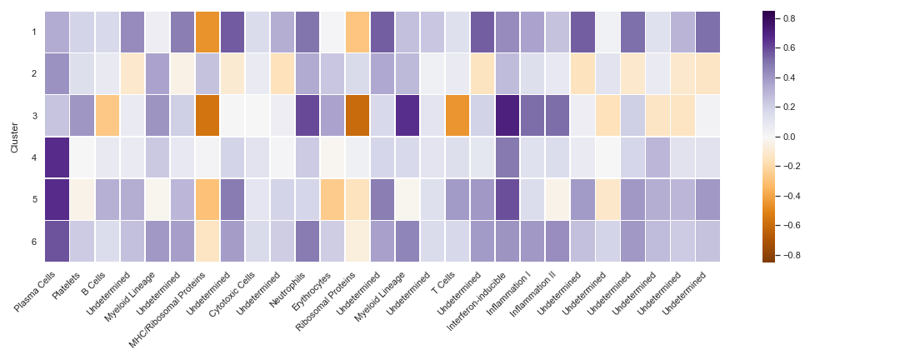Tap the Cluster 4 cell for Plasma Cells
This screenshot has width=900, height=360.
pos(57,157)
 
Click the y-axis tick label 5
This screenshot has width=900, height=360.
pos(33,199)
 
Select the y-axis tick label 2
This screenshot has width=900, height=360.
pos(33,74)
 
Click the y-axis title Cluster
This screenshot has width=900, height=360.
pos(14,137)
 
